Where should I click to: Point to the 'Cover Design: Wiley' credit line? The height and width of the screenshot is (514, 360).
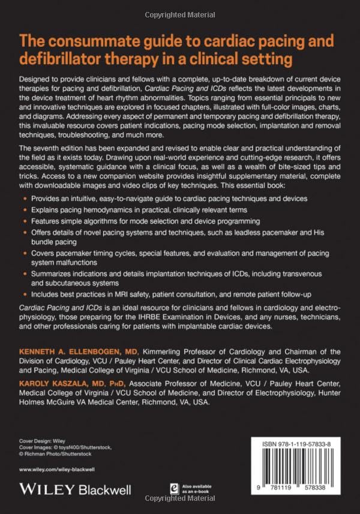41,439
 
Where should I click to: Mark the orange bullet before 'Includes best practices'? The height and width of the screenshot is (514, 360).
24,295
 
